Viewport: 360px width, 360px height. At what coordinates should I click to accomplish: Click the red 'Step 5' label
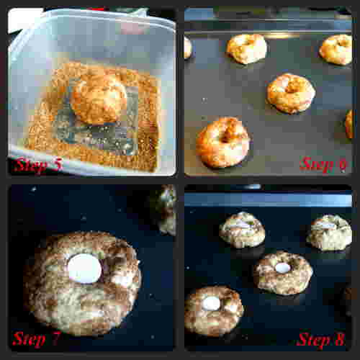coord(37,164)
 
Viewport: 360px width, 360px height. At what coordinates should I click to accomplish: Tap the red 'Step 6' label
coord(323,164)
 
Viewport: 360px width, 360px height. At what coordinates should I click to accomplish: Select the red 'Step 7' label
coord(37,339)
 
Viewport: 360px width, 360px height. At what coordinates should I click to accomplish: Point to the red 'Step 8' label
coord(321,339)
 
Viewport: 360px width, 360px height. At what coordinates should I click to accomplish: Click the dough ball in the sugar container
coord(99,99)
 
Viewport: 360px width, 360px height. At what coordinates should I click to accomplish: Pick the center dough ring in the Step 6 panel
coord(290,94)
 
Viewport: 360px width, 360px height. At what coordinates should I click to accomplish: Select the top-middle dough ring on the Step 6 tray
coord(247,49)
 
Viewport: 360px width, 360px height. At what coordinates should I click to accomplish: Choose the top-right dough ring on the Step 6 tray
coord(336,50)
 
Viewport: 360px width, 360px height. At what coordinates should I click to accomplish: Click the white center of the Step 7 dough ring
coord(84,269)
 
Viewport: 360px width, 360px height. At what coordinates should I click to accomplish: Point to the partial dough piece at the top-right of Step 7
coord(166,210)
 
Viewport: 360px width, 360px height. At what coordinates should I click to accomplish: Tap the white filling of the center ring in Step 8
coord(282,268)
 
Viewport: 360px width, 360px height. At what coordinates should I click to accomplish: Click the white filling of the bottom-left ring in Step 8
coord(211,303)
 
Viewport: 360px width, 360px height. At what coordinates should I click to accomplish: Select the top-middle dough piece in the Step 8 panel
coord(242,230)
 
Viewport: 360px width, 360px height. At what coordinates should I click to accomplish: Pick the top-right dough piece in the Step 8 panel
coord(330,233)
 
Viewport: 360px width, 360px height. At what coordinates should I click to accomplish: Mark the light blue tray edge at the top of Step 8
coord(269,199)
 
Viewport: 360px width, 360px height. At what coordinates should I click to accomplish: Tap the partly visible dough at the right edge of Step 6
coord(349,124)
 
